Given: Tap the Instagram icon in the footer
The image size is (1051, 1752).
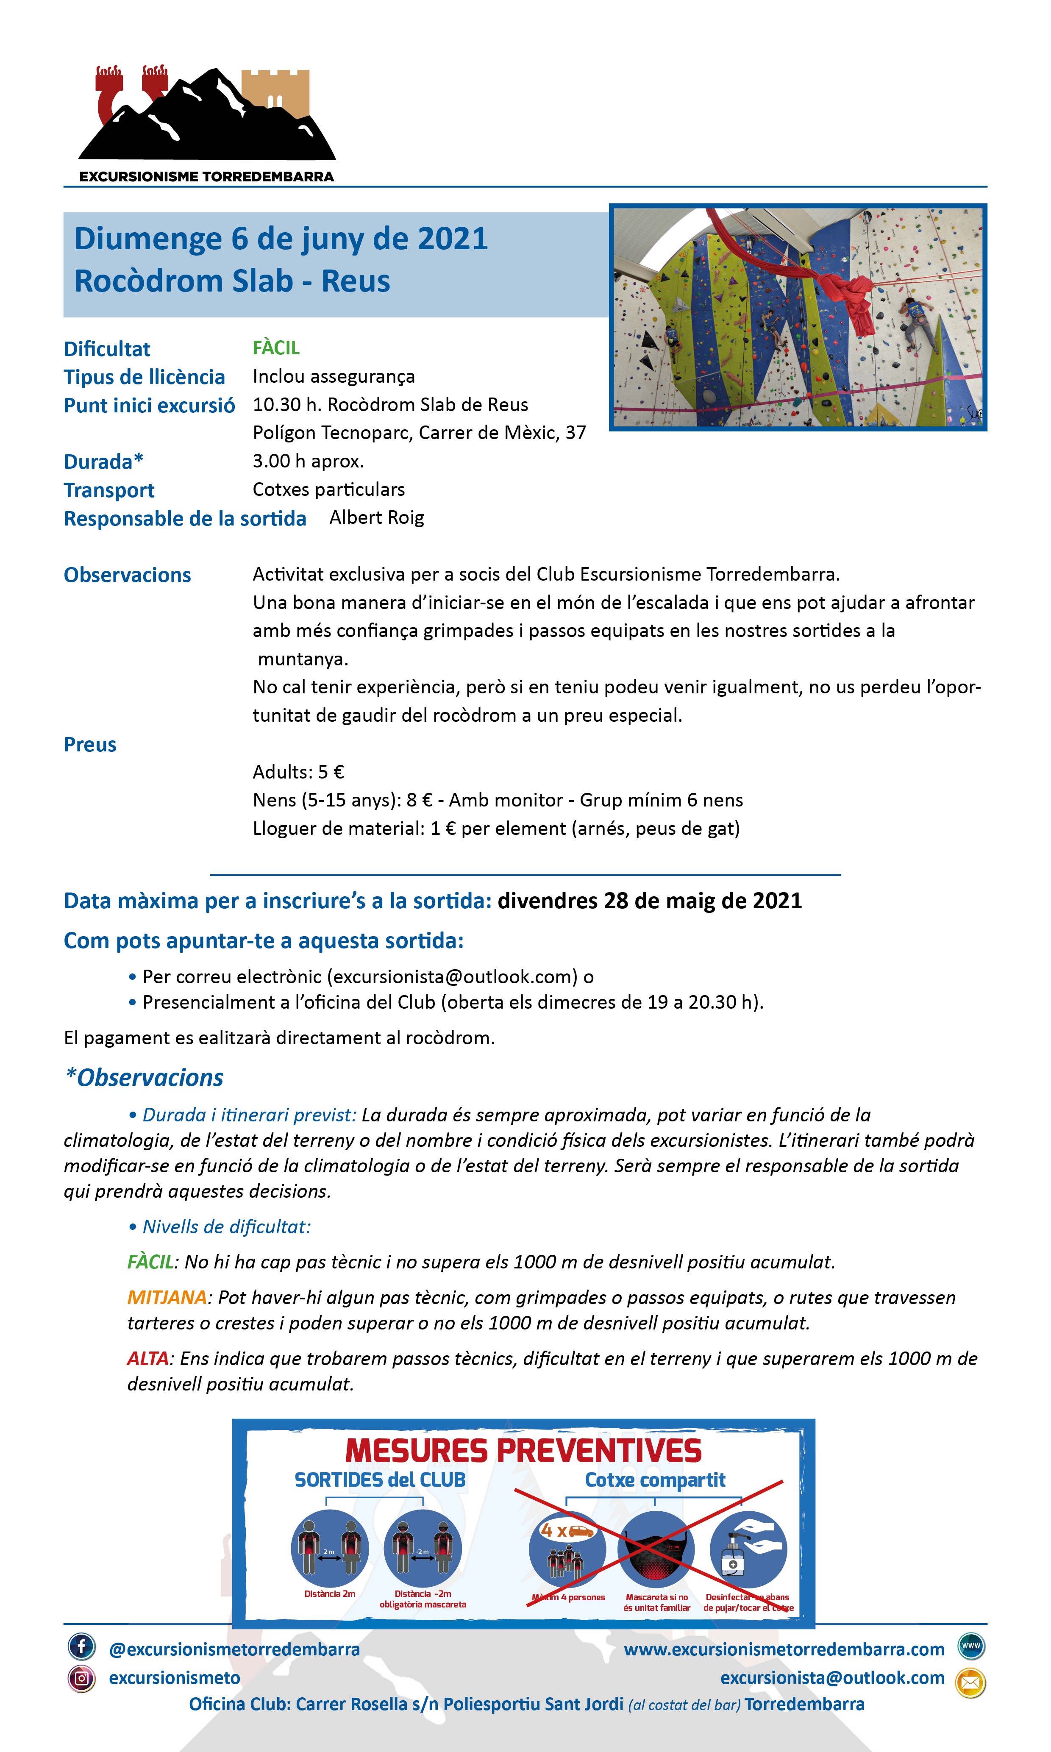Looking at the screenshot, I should [81, 1678].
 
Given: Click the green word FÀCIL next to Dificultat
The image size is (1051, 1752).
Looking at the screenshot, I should [276, 348].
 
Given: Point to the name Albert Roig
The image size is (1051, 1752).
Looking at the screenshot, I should [377, 517].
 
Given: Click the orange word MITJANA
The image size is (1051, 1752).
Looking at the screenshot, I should [167, 1297].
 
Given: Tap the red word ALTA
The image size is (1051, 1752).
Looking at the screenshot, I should [148, 1358].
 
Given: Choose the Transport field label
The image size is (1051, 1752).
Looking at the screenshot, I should [109, 490].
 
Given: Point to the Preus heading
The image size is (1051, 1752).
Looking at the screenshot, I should [90, 744].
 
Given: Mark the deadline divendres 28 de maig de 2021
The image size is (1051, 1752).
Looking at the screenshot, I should [649, 901].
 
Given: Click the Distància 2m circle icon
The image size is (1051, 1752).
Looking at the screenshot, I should [330, 1549].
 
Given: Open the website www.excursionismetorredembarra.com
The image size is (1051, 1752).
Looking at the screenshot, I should [784, 1649].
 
